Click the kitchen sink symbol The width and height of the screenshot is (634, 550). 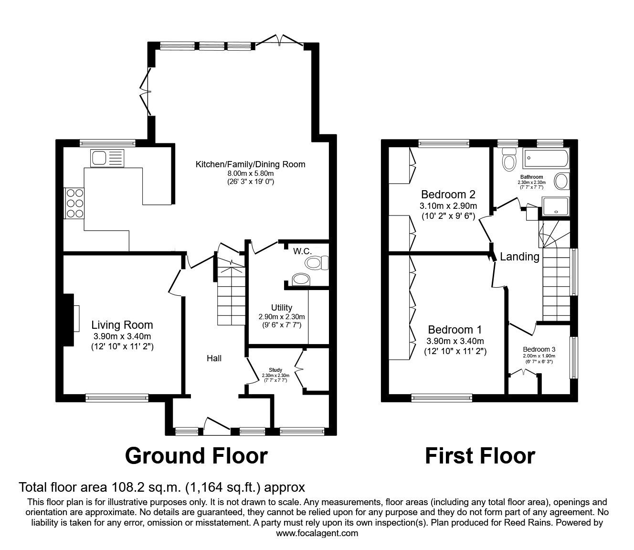[107, 157]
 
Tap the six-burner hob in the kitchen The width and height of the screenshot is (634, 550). [74, 203]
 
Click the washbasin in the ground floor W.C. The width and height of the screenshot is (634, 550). [300, 279]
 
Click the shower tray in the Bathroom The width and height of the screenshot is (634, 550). [556, 206]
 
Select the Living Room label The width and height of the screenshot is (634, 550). [122, 325]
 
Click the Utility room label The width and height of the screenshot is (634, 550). [282, 308]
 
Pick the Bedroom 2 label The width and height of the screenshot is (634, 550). [448, 194]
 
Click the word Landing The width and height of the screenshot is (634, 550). [519, 257]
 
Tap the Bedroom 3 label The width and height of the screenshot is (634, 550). [539, 349]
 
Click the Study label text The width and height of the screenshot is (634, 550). [275, 370]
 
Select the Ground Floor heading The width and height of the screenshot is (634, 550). [196, 455]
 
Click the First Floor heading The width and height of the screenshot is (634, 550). [480, 455]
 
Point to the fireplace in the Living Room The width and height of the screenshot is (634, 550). [70, 319]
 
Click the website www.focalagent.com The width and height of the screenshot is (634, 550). [317, 533]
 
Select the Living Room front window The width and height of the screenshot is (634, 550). [117, 396]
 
